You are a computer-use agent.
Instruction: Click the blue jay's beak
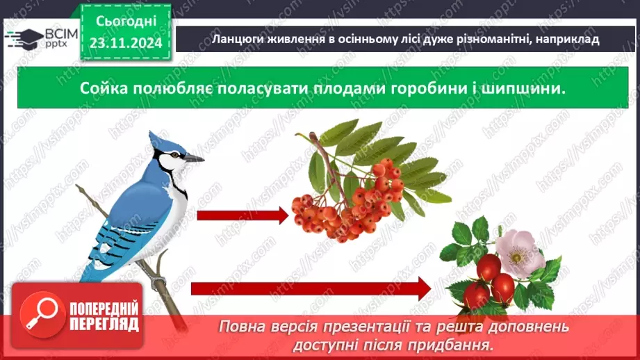point(195,158)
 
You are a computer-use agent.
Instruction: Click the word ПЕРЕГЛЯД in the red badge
point(104,325)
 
